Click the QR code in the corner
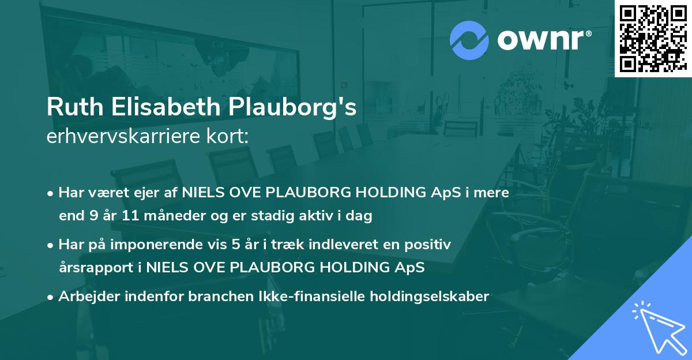[x=653, y=38]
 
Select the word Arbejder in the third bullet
[x=85, y=297]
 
